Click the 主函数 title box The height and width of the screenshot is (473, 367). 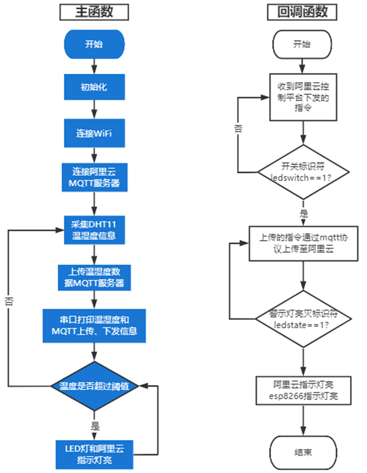coord(94,12)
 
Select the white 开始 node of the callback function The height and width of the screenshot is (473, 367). coord(303,44)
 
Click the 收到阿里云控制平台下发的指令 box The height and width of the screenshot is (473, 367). coord(303,97)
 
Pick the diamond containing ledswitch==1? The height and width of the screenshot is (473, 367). coord(303,172)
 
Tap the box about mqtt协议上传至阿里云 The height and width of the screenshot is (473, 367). coord(303,243)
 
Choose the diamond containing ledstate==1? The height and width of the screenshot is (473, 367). coord(303,319)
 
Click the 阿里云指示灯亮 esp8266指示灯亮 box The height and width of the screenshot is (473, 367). coord(303,390)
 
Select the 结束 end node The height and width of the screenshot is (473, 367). coord(303,452)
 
